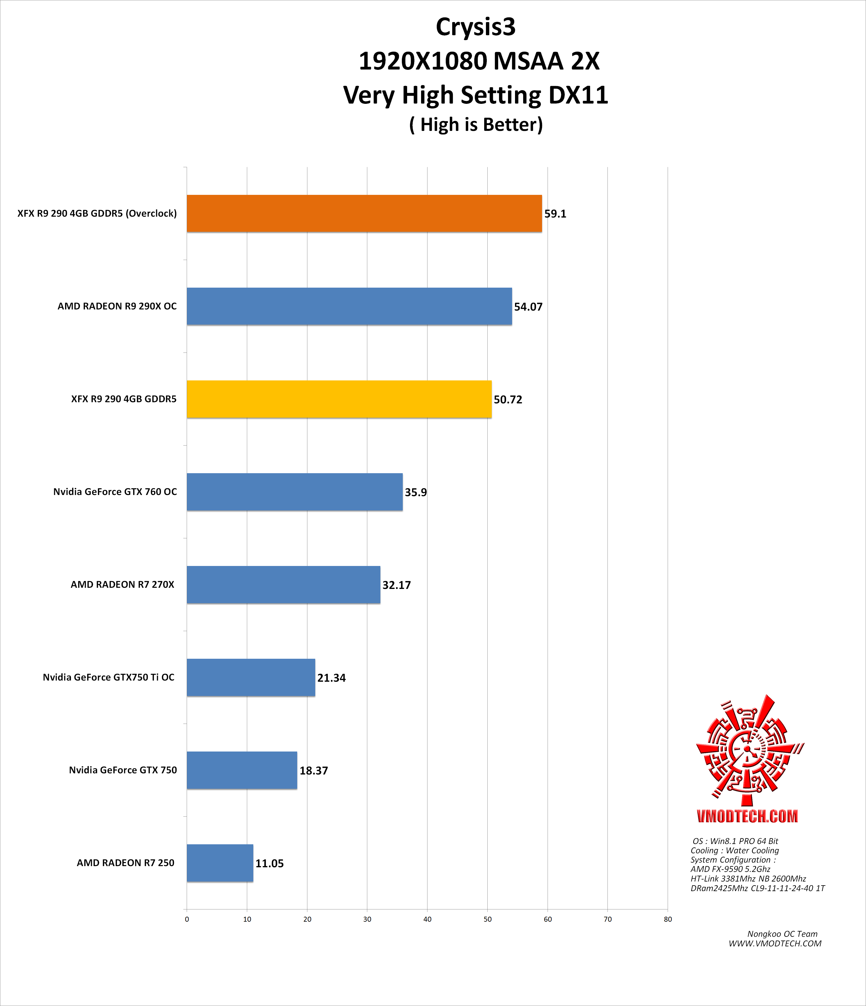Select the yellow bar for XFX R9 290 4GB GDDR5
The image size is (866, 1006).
coord(339,399)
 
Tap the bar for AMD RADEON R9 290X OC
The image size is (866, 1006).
coord(349,306)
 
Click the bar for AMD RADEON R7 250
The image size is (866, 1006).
coord(220,863)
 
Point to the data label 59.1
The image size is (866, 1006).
coord(555,214)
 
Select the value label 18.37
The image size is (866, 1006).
coord(313,770)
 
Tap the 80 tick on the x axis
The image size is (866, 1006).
coord(667,919)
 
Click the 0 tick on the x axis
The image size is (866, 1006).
coord(187,919)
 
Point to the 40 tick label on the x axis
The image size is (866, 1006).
coord(427,919)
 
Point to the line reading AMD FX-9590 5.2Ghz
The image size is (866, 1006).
coord(730,869)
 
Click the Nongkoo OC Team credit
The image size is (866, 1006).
coord(782,934)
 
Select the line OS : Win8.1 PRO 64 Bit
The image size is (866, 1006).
coord(735,841)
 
